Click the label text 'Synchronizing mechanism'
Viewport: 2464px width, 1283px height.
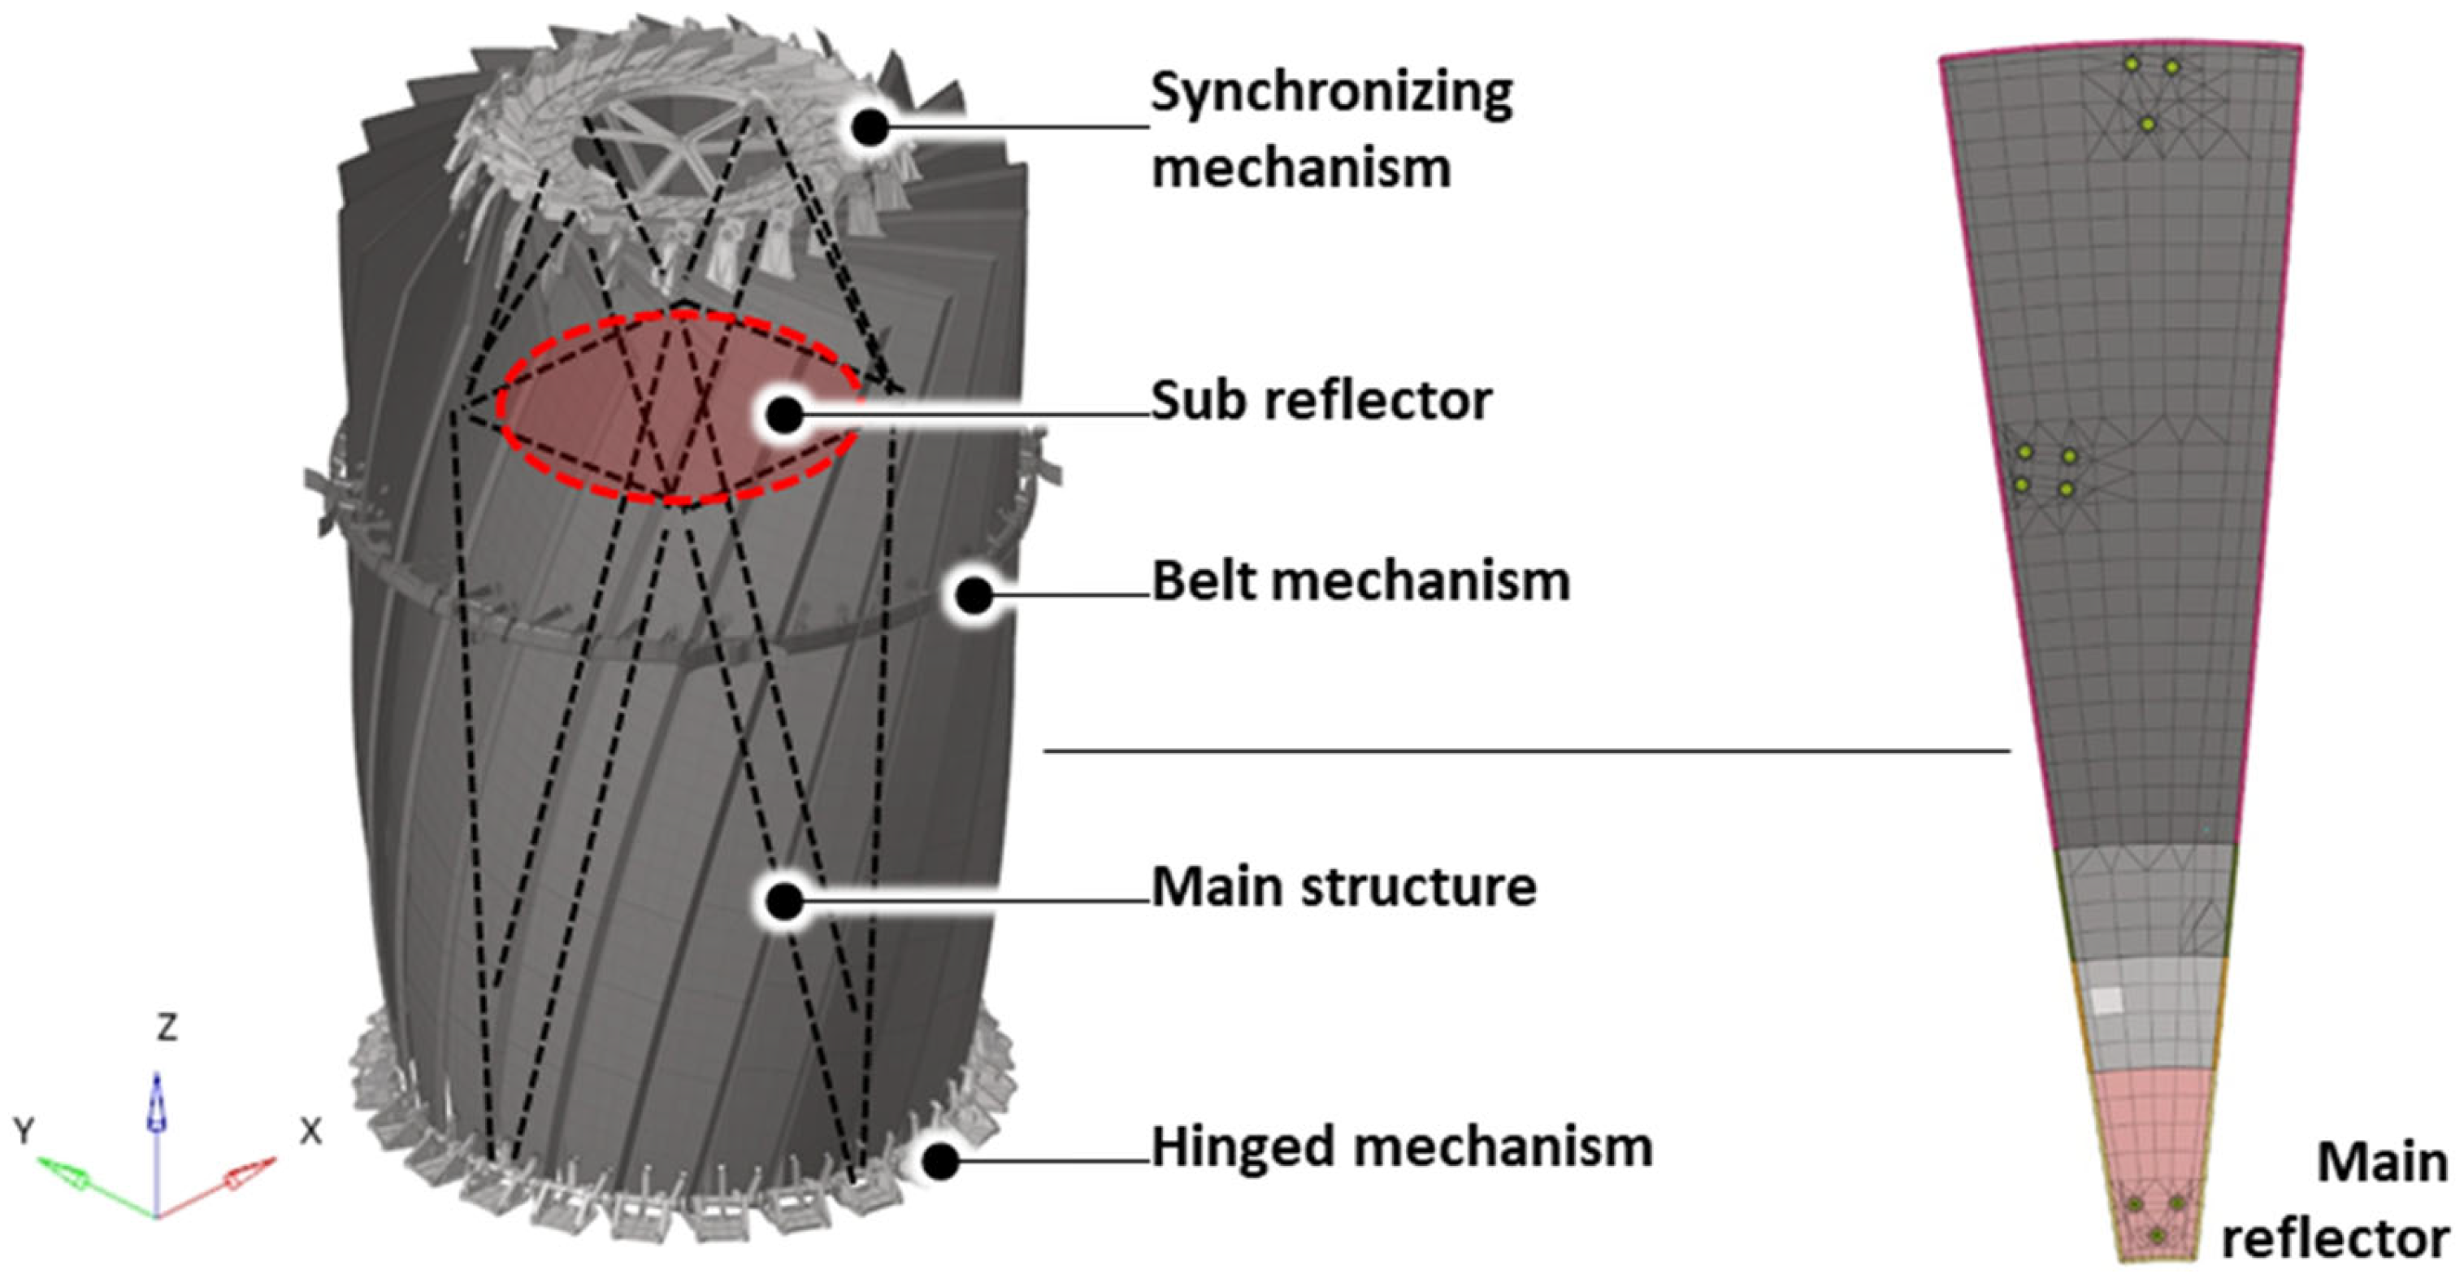pos(1330,129)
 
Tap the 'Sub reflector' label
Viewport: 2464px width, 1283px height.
pos(1320,401)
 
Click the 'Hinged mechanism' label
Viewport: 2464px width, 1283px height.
pos(1401,1146)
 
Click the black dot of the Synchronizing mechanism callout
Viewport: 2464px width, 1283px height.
pos(870,128)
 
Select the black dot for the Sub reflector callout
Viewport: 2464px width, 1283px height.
pos(785,415)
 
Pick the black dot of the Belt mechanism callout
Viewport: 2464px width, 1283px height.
pos(974,596)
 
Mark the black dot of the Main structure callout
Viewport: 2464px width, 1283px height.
pos(785,901)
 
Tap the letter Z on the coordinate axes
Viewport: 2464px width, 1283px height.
pos(167,1029)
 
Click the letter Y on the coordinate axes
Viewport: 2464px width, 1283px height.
pos(24,1132)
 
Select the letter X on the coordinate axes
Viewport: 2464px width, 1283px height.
pos(310,1133)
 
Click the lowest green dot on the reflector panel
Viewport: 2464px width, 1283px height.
pos(2156,1236)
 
